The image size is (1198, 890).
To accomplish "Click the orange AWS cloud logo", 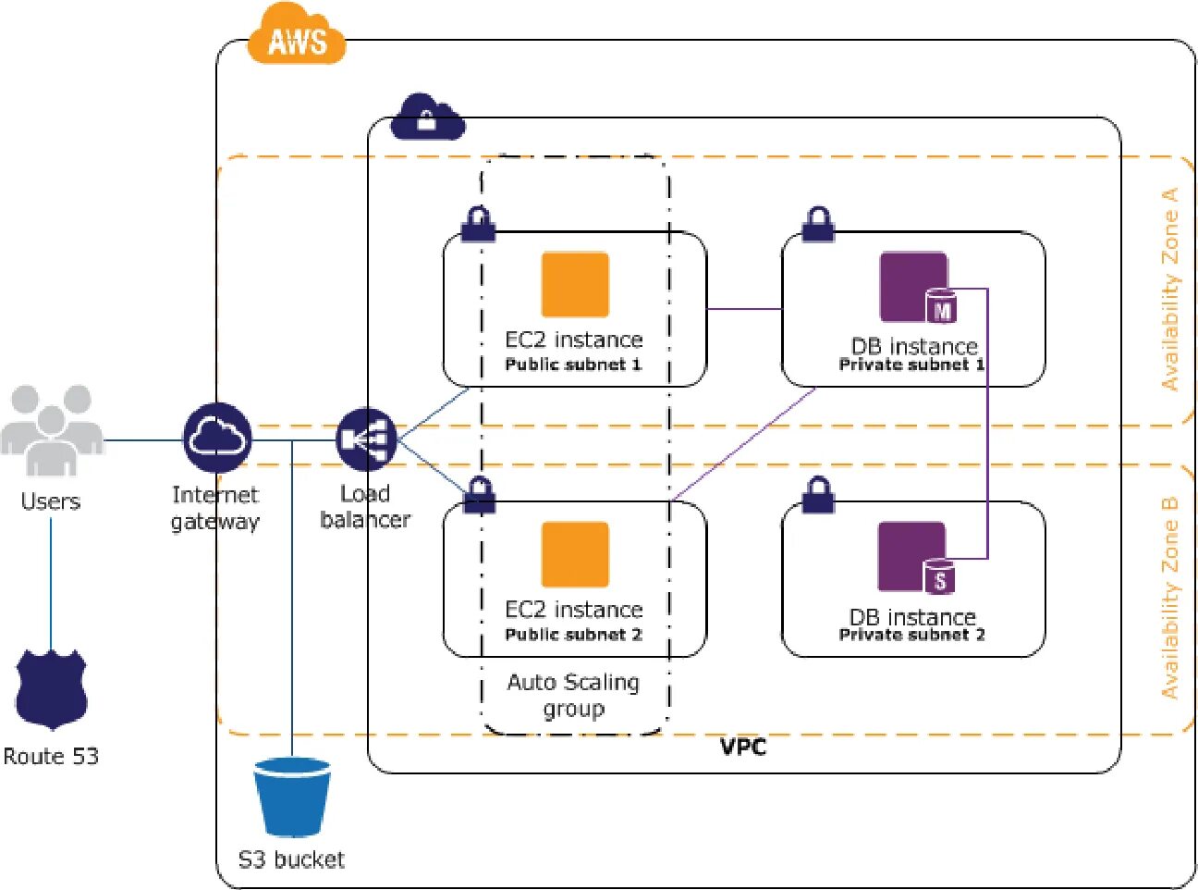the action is [297, 34].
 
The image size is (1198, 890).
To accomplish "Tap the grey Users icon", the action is [52, 430].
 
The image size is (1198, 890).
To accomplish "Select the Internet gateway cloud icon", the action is [217, 438].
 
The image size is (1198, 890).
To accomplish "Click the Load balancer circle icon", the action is [367, 439].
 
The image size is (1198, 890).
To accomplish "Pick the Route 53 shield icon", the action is [52, 690].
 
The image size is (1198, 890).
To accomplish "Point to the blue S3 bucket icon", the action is [292, 797].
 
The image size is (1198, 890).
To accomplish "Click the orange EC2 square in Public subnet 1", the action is [575, 284].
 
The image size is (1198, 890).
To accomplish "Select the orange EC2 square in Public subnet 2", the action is [575, 554].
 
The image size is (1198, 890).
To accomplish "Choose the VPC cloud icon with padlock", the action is [427, 117].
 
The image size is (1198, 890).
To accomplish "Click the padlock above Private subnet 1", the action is [818, 224].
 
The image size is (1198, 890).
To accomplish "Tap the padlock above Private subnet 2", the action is [818, 495].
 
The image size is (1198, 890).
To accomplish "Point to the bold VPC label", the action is [743, 748].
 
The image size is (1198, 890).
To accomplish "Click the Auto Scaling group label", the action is [574, 696].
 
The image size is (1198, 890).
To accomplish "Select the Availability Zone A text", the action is [1169, 290].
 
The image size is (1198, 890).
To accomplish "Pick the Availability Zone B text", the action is [1169, 599].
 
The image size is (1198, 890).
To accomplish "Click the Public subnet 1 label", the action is [574, 365].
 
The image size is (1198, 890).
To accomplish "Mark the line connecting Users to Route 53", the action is [52, 585].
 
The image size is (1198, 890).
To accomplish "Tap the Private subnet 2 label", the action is [912, 635].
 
